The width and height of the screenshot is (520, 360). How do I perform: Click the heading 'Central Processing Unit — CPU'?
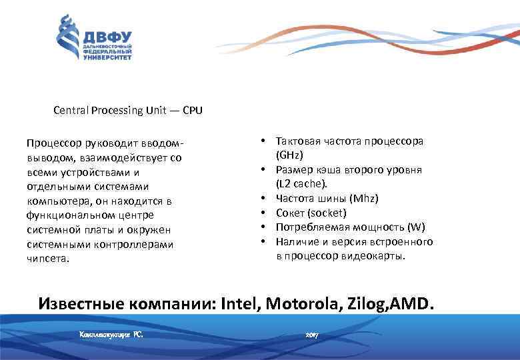coord(128,111)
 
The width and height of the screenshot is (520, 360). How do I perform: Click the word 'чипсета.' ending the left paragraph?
coord(47,259)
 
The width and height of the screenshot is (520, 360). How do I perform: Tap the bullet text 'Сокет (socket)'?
coord(311,213)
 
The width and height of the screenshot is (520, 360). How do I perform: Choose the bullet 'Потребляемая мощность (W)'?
coord(351,227)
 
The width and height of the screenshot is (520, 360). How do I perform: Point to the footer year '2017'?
coord(312,333)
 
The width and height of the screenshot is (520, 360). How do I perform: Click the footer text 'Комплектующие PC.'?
coord(111,333)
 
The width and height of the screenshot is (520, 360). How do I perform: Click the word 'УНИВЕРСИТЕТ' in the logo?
coord(107,57)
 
